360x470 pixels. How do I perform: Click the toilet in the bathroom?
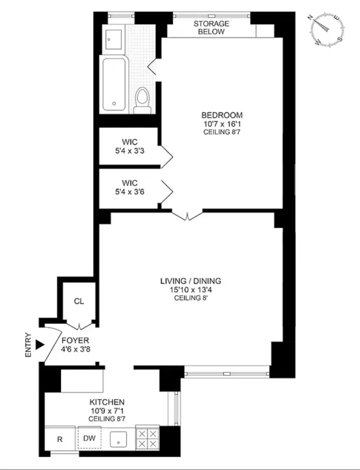point(142,100)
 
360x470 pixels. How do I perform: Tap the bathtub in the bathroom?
point(114,85)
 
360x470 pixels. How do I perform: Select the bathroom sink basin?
point(113,40)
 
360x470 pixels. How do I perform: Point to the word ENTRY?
point(28,345)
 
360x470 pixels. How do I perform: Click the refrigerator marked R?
point(60,439)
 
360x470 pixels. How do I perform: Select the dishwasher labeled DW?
point(90,438)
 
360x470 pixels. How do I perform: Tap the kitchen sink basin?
point(118,439)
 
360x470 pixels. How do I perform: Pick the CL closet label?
point(79,301)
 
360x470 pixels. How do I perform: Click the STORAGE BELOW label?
point(211,28)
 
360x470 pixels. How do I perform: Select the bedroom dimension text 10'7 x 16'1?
point(222,124)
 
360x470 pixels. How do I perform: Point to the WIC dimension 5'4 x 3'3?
point(130,151)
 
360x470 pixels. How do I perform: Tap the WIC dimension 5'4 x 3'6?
point(130,192)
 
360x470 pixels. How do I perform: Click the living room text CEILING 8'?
point(191,298)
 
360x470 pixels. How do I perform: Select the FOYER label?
point(75,340)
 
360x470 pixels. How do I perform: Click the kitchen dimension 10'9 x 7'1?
point(107,411)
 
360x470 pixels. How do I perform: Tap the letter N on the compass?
point(311,18)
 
